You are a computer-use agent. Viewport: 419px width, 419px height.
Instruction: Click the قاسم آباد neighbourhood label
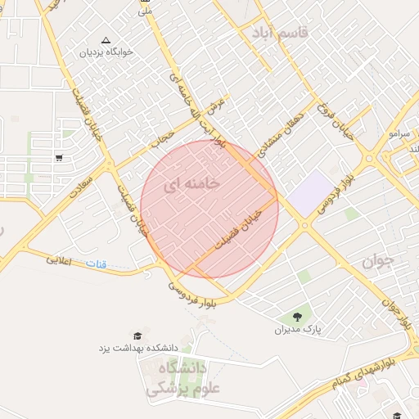280,33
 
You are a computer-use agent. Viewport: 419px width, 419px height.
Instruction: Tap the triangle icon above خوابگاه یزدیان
105,39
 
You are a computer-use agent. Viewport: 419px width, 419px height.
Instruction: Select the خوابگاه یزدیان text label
105,52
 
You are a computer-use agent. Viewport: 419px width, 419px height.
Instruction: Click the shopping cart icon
59,157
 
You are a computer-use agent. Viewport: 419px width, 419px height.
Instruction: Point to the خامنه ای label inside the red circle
191,185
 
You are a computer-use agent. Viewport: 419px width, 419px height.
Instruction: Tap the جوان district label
377,261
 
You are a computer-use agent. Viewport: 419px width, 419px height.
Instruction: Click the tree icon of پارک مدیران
295,318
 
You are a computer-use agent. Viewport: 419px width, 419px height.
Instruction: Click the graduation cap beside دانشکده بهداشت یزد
137,336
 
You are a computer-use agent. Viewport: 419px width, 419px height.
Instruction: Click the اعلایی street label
60,260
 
